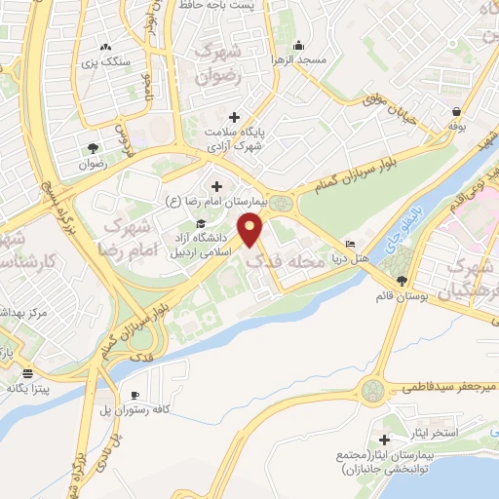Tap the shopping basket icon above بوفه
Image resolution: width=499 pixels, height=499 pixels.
pos(455,109)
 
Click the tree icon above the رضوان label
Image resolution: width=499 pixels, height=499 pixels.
pos(93,148)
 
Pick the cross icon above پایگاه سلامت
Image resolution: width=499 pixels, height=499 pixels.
pos(234,117)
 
